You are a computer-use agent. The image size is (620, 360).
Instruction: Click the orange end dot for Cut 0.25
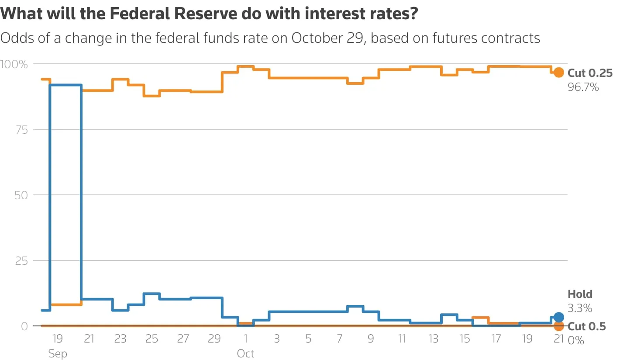tap(558, 73)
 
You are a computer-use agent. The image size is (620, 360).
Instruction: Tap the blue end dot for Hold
tap(558, 317)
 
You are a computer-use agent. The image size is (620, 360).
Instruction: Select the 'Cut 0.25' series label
tap(590, 73)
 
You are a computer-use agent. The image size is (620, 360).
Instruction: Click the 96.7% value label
tap(583, 87)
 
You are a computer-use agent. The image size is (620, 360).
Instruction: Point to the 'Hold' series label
tap(580, 294)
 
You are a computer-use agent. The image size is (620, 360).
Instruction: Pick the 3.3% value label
tap(580, 308)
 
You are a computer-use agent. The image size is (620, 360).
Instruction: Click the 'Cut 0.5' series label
tap(586, 326)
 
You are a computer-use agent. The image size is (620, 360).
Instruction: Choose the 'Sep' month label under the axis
tap(58, 353)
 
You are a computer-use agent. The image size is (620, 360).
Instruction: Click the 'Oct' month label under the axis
tap(245, 353)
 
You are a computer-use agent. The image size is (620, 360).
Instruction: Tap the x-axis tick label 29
tap(214, 339)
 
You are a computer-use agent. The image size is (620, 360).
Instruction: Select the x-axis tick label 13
tap(433, 339)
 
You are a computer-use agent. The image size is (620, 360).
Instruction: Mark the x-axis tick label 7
tap(340, 339)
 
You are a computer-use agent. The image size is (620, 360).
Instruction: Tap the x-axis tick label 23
tap(120, 339)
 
